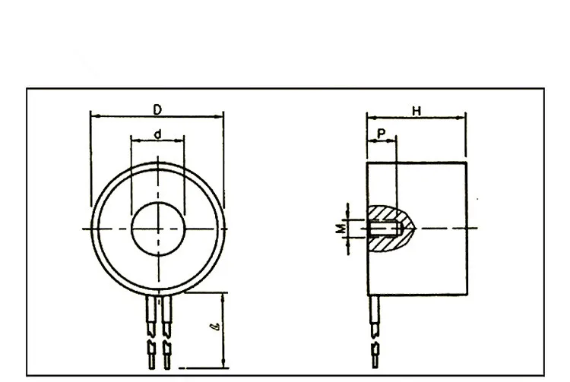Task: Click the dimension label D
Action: click(x=157, y=109)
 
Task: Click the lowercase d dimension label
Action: click(x=157, y=134)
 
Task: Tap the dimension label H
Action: click(x=416, y=111)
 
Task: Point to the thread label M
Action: click(x=342, y=228)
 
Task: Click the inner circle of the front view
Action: click(x=157, y=229)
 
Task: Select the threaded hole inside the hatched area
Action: click(x=384, y=229)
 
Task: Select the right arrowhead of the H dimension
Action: click(x=462, y=118)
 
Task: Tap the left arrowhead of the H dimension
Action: click(x=370, y=118)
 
